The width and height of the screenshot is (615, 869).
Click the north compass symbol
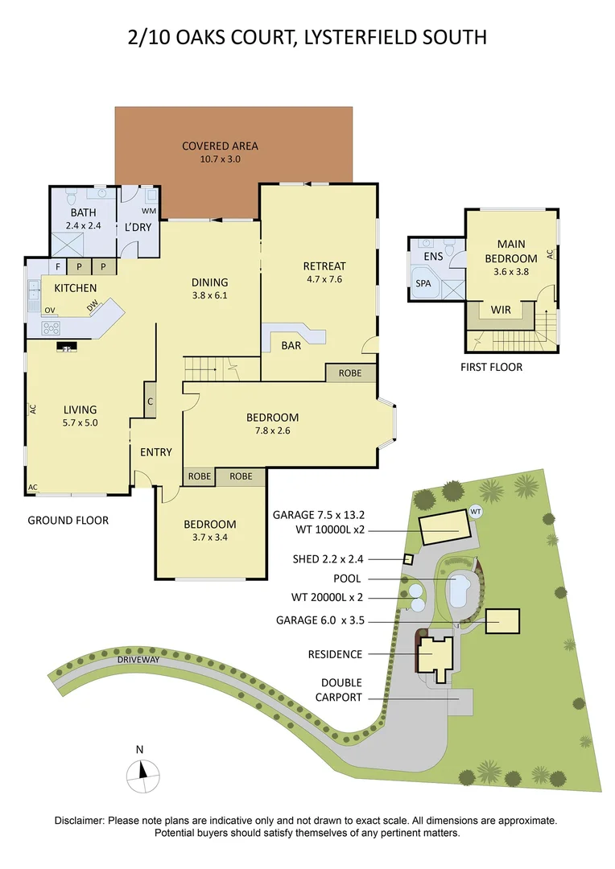pos(141,776)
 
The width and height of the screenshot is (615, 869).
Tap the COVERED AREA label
pos(220,146)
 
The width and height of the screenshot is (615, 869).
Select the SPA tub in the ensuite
pos(423,284)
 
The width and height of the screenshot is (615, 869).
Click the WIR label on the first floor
pos(500,309)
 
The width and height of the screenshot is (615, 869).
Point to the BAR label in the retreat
pos(291,344)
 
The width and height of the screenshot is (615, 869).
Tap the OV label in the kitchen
pos(50,310)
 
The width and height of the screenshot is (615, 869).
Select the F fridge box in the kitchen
pos(58,266)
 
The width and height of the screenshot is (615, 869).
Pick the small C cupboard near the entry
pos(150,400)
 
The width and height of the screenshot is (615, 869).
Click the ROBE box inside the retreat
pos(350,373)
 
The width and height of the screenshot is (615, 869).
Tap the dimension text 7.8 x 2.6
pos(272,430)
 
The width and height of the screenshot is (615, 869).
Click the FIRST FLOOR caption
pos(492,367)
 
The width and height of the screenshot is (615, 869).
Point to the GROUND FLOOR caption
pos(68,521)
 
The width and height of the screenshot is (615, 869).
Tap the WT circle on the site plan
pos(476,511)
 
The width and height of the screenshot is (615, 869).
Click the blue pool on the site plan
pos(460,591)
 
